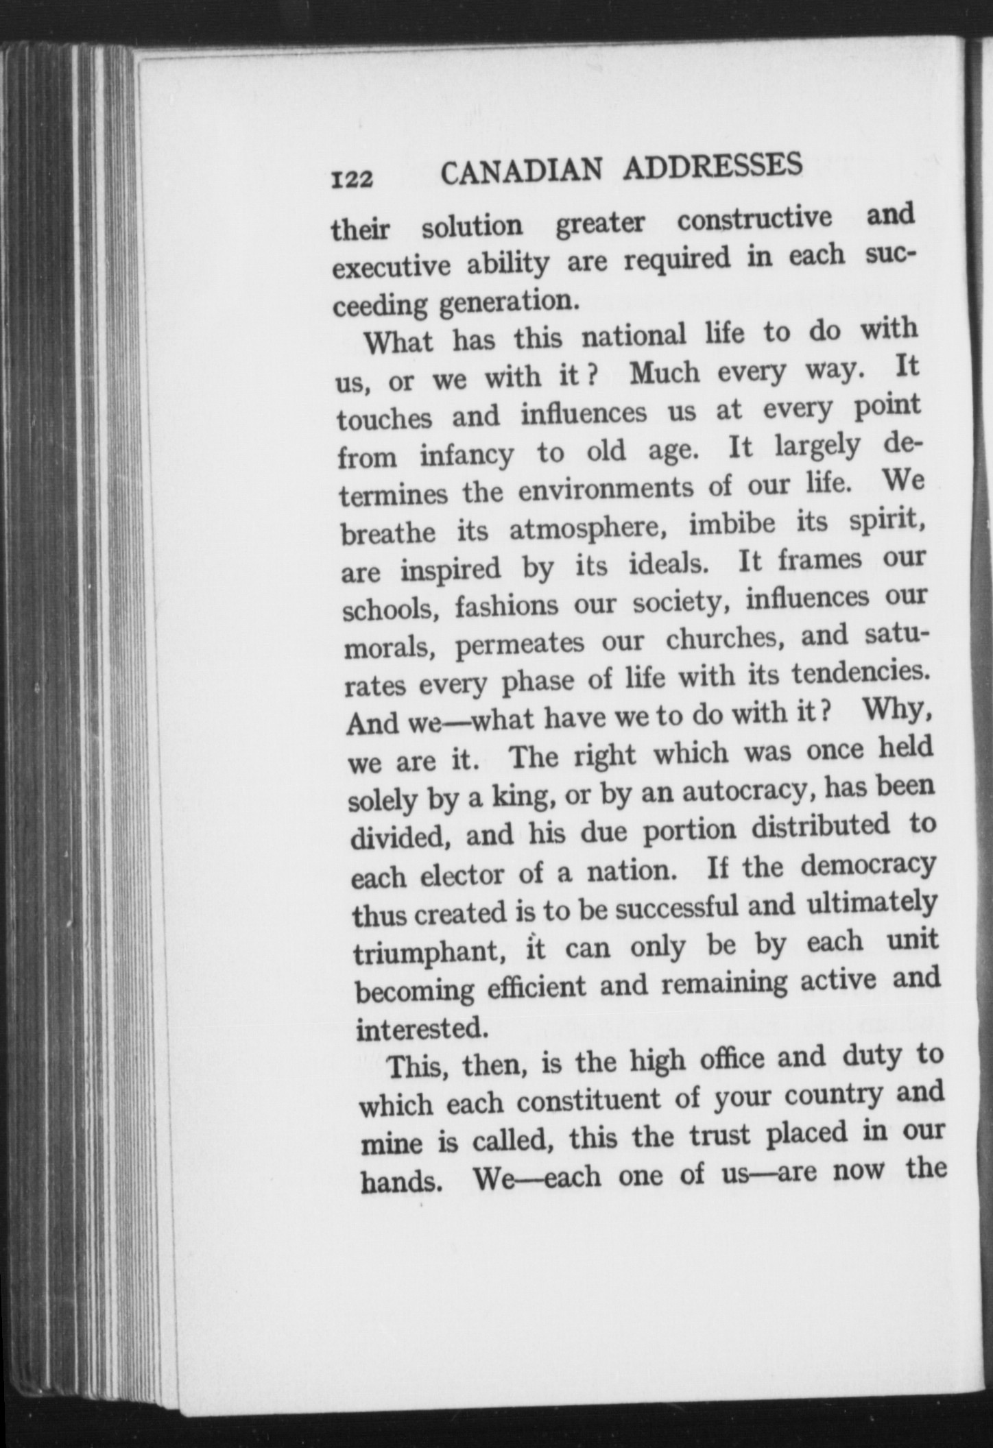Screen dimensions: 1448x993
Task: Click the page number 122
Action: (x=352, y=180)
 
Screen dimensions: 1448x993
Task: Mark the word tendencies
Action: (x=861, y=673)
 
